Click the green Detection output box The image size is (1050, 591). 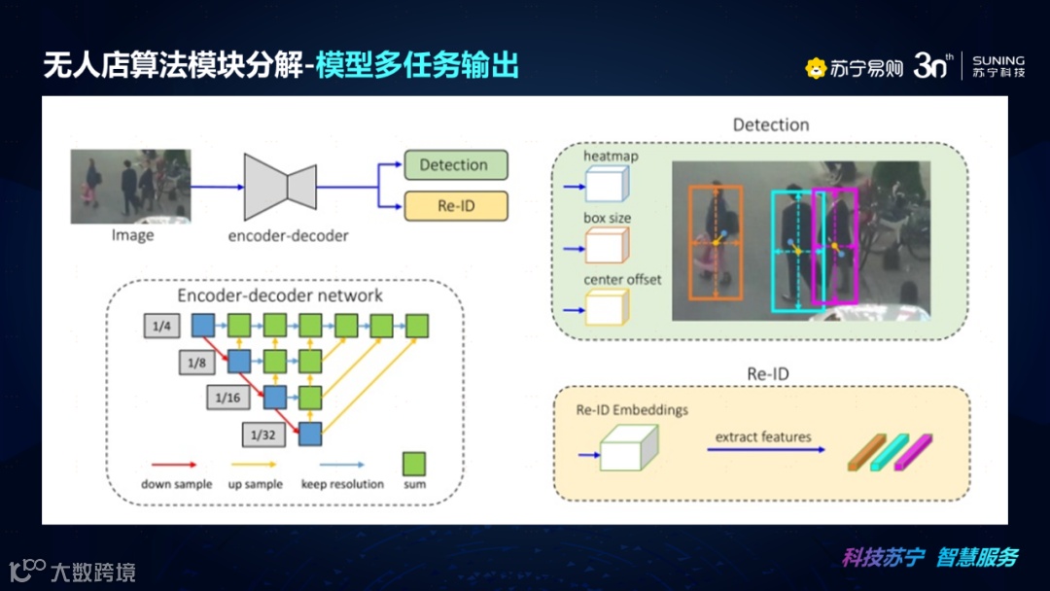coord(454,165)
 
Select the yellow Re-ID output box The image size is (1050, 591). coord(454,206)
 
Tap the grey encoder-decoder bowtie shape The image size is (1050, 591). coord(280,186)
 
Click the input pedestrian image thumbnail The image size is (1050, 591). coord(131,187)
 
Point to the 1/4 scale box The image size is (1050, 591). coord(161,326)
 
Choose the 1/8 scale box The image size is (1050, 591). coord(196,363)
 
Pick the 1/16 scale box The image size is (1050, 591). coord(227,398)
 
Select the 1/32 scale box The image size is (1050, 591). coord(262,433)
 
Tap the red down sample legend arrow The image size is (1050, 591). coord(175,466)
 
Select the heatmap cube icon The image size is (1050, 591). coord(607,183)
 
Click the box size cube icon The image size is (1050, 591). coord(607,245)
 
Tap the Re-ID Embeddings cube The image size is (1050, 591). coord(628,450)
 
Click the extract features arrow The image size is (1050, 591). coord(765,450)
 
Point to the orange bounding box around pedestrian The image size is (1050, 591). coord(717,243)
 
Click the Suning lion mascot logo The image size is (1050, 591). coord(815,68)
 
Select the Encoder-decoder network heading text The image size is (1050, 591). coord(280,295)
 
